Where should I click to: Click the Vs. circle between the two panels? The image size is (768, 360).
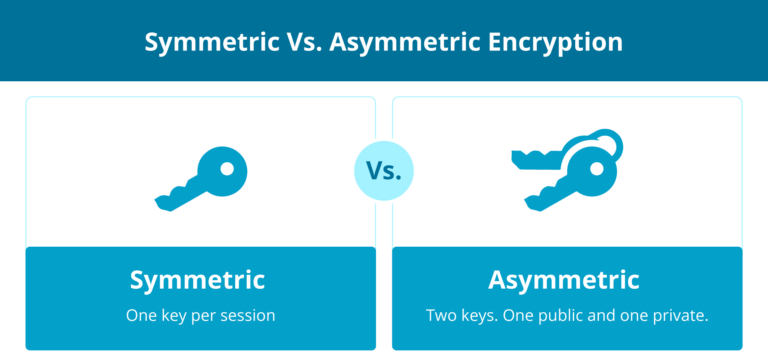click(383, 170)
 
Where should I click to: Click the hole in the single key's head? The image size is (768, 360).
click(228, 164)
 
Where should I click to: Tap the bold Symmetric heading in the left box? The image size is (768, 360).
click(197, 280)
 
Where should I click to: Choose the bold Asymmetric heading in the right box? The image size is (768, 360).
click(564, 280)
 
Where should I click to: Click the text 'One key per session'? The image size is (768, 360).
click(200, 315)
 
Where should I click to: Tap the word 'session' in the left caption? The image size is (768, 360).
click(247, 315)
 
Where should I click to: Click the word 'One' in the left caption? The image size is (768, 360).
click(140, 315)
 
